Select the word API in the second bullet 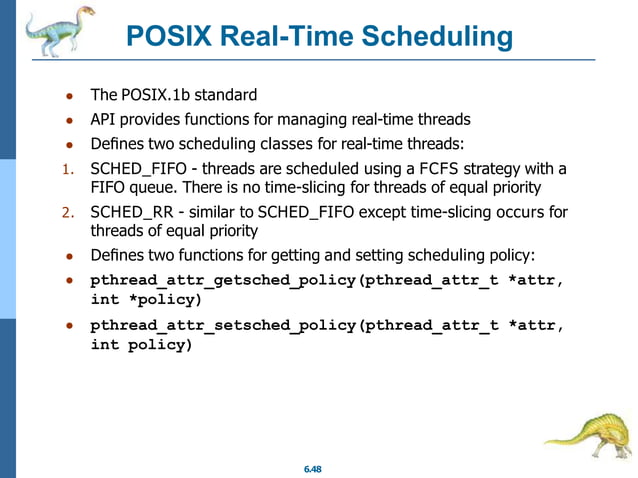[x=104, y=119]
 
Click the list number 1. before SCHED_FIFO [x=69, y=168]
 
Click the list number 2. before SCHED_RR [x=69, y=213]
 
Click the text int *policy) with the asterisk [x=145, y=300]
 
